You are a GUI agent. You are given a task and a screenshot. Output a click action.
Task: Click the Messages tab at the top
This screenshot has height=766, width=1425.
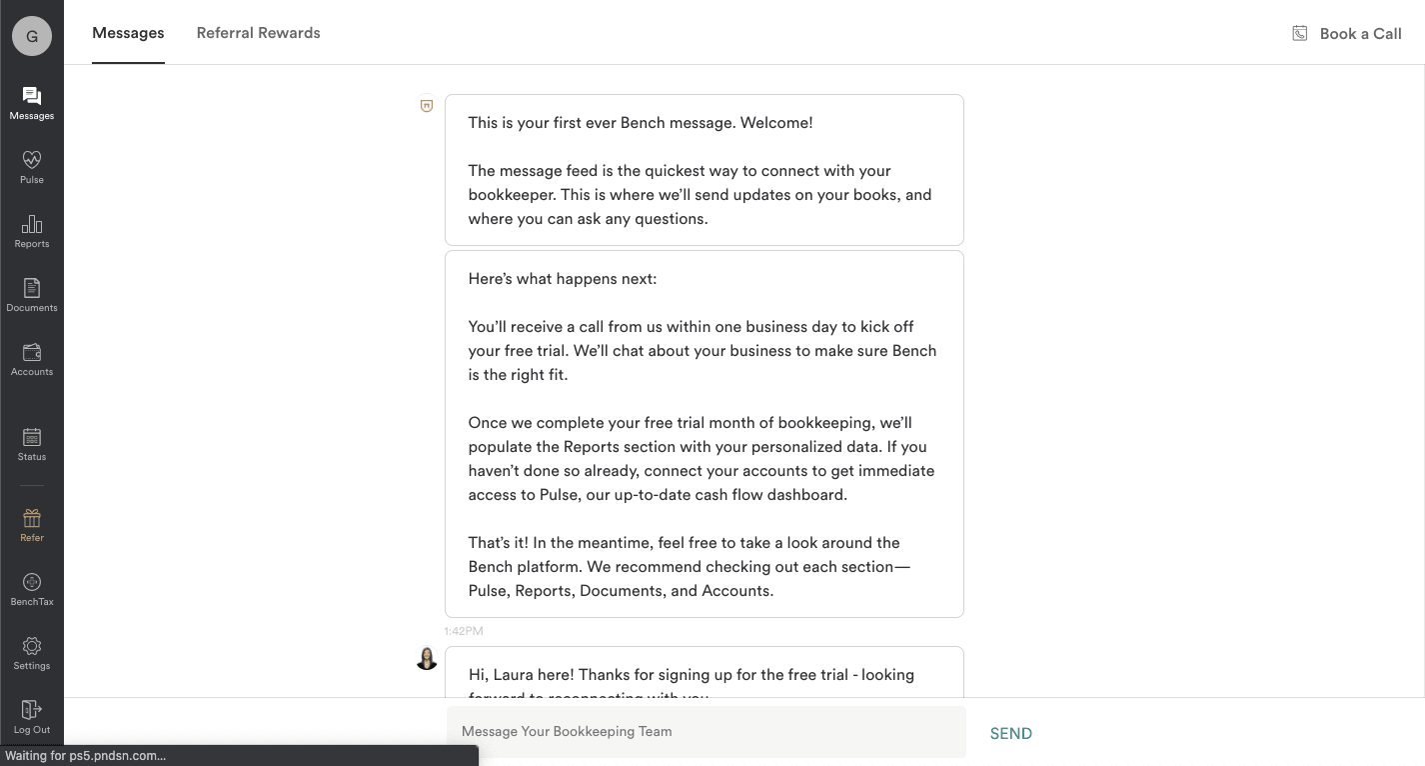point(128,33)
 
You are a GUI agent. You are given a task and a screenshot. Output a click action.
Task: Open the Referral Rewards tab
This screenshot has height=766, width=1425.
point(258,33)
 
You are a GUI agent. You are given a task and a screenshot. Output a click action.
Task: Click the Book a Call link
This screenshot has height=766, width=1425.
point(1359,33)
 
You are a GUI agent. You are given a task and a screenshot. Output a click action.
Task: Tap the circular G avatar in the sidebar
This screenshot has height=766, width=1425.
point(32,36)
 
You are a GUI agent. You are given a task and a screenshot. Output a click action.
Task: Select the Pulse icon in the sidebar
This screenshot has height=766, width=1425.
point(32,159)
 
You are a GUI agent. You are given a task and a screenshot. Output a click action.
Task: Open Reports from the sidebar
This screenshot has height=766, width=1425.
point(32,224)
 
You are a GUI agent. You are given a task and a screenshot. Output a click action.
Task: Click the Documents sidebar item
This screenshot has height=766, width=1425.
point(32,288)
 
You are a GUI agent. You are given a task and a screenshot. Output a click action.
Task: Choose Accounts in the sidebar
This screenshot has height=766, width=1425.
point(32,352)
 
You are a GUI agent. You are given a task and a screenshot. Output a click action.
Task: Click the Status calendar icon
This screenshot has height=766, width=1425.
point(32,437)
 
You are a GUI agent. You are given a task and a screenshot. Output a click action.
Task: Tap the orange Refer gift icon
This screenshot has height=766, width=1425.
point(32,518)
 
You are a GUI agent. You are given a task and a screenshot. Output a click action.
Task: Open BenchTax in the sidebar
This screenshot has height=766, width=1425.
point(32,582)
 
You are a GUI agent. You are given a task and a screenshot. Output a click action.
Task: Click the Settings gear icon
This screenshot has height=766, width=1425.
point(32,646)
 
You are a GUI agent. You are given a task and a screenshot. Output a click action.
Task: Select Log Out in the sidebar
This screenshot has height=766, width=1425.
point(32,710)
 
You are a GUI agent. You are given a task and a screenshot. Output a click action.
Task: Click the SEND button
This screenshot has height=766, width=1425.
point(1010,733)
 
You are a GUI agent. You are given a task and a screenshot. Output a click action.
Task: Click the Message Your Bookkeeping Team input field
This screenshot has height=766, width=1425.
point(706,731)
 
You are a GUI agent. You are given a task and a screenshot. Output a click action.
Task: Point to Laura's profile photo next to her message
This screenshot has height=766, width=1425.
point(427,658)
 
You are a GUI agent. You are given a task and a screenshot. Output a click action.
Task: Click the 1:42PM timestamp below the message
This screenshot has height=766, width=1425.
point(464,631)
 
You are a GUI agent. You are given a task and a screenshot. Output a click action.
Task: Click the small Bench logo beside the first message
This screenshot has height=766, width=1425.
point(427,105)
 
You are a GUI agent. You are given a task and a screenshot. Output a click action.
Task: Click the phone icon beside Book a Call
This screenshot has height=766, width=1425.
point(1299,33)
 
